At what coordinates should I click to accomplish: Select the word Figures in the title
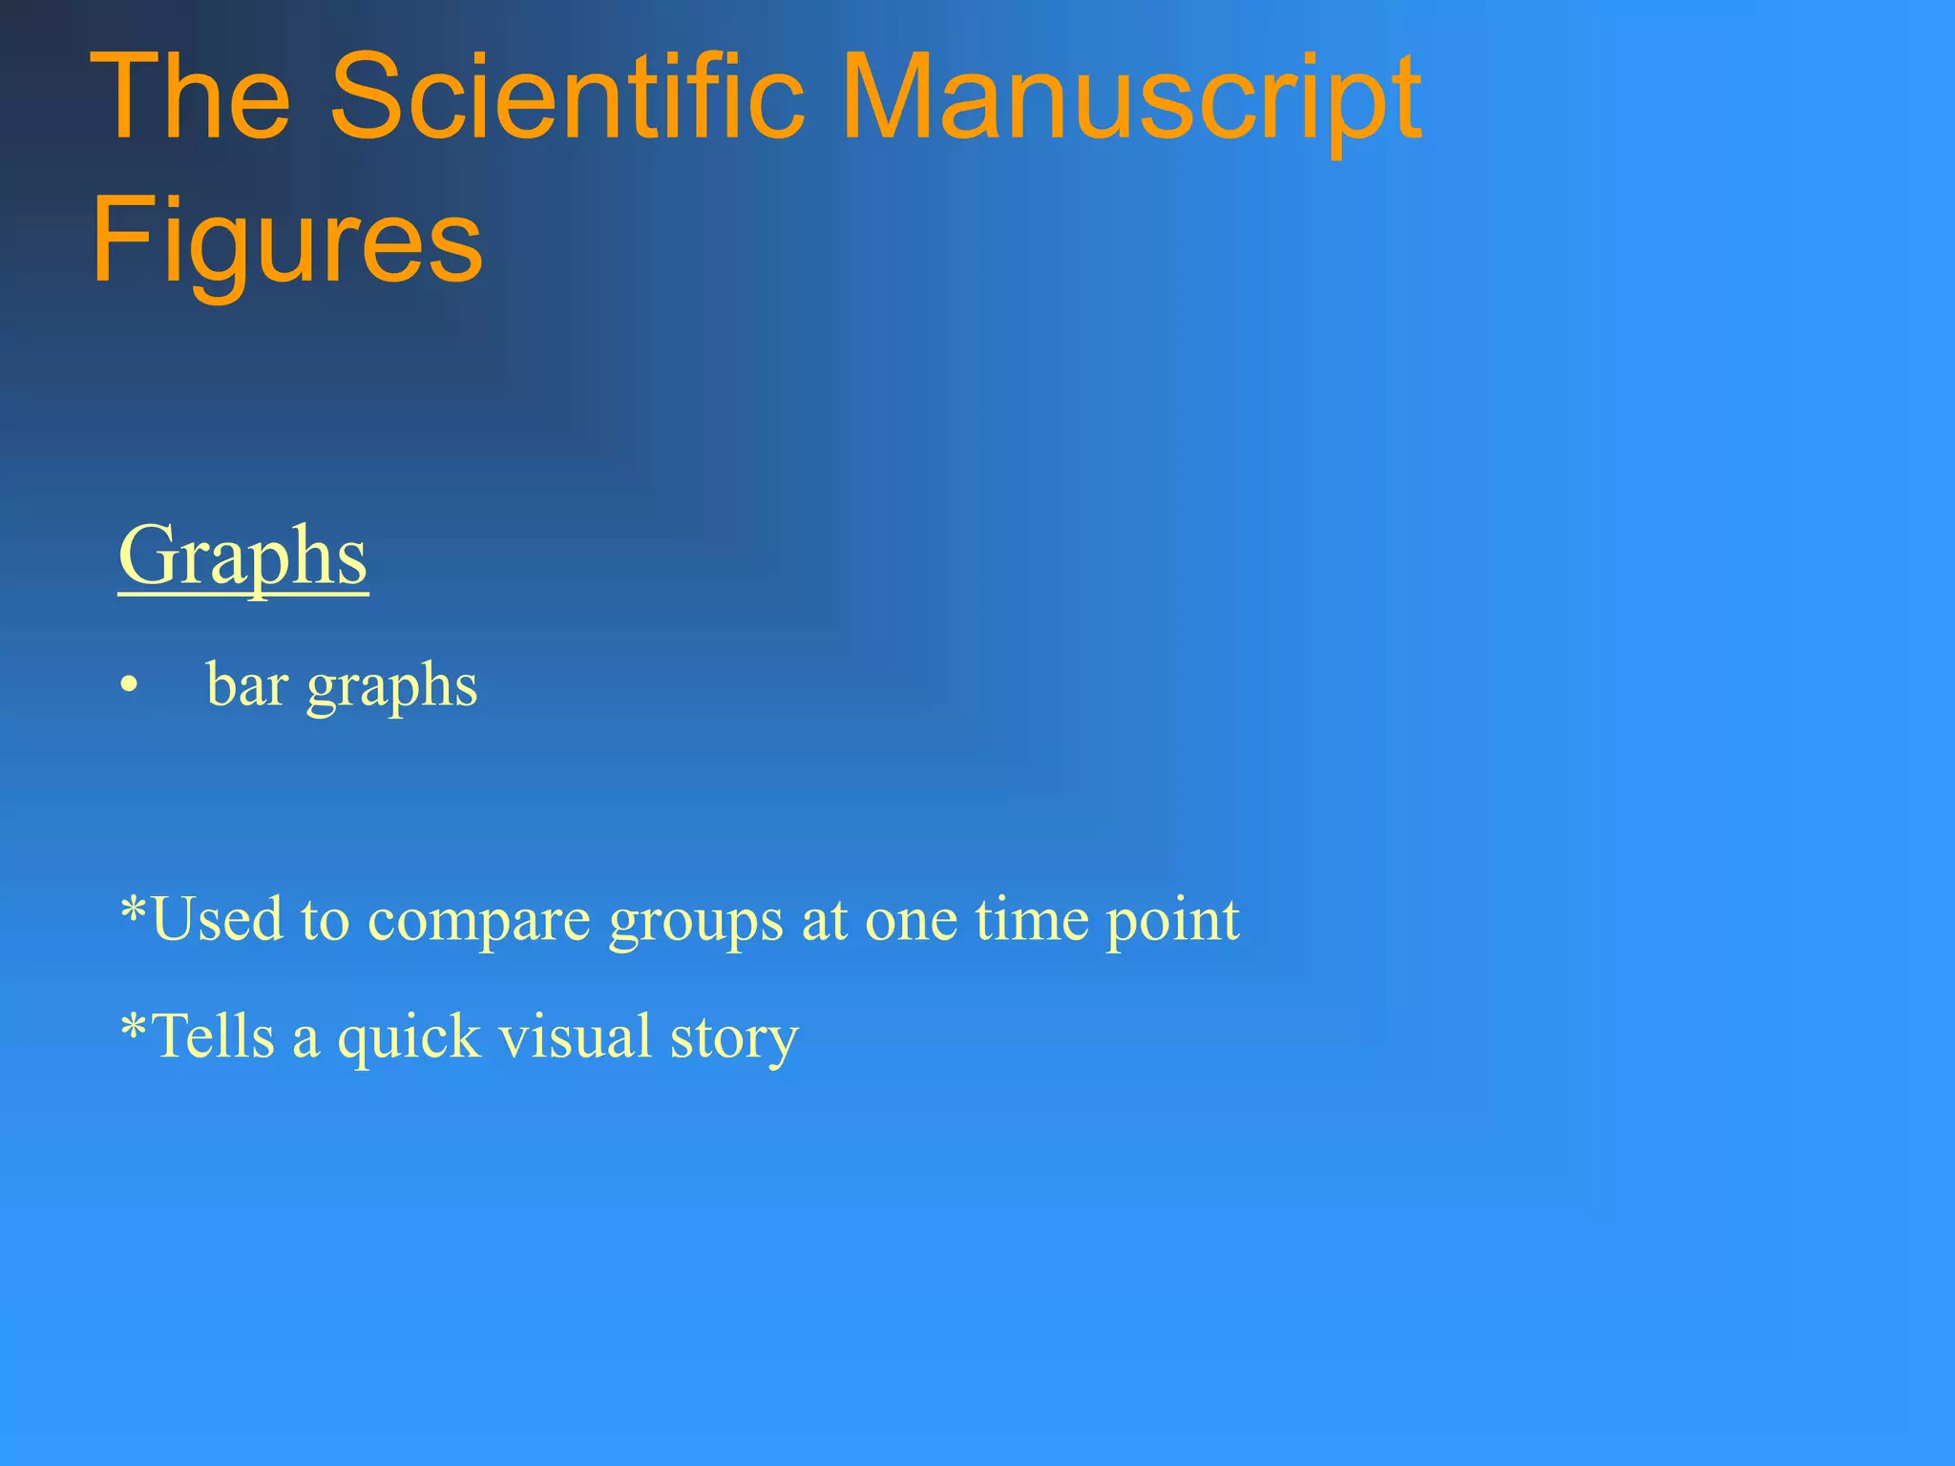pyautogui.click(x=286, y=239)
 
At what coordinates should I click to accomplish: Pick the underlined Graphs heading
pyautogui.click(x=242, y=558)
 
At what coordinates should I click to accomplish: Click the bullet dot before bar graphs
pyautogui.click(x=130, y=686)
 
